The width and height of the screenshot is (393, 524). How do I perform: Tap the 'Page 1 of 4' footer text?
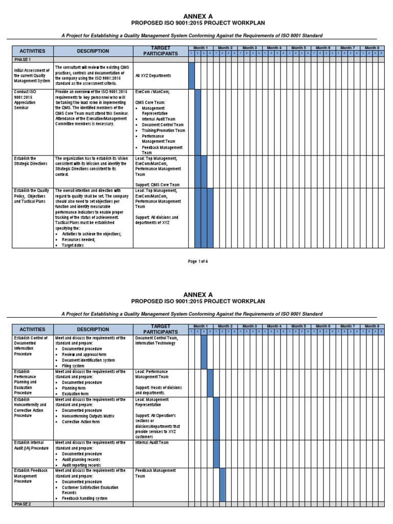198,261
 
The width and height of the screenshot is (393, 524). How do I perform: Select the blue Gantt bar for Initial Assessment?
192,76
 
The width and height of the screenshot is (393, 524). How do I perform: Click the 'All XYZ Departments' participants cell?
154,76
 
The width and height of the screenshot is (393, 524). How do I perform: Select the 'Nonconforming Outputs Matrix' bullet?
92,416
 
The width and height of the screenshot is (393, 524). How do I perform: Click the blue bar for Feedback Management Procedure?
223,484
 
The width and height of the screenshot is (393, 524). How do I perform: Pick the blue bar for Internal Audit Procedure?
216,453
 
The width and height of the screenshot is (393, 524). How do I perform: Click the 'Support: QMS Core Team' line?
158,185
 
